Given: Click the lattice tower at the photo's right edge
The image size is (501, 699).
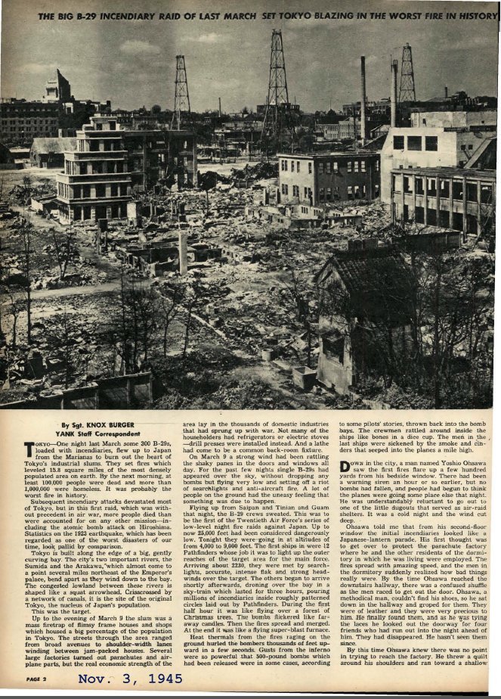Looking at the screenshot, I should point(407,76).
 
